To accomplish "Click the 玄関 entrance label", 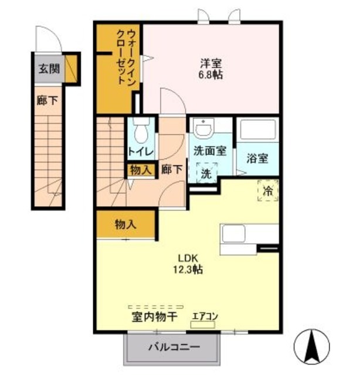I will (x=48, y=68).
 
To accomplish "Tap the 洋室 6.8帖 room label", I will (x=209, y=69).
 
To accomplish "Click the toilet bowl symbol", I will (x=140, y=132).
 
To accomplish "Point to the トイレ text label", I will (x=140, y=152).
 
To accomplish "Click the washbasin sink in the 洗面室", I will (x=204, y=128).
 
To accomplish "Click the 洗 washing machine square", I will (x=206, y=174).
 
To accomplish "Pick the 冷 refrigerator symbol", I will (x=267, y=190).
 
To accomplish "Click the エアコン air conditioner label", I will (x=205, y=317).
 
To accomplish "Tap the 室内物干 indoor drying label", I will (x=154, y=318).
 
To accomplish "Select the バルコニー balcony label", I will (x=173, y=347).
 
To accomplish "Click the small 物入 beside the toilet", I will (x=141, y=170).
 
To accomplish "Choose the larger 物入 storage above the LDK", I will (x=125, y=224).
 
